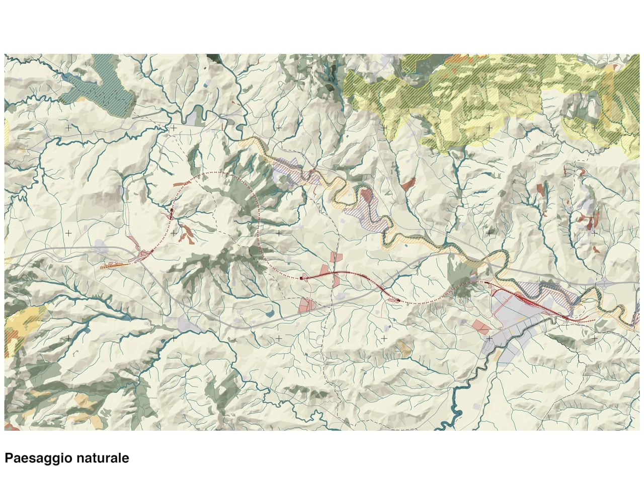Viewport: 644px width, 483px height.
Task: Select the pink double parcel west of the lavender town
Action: [x=481, y=327]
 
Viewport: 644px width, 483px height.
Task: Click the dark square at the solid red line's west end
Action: [x=301, y=277]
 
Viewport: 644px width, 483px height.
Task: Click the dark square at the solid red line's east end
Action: [x=398, y=300]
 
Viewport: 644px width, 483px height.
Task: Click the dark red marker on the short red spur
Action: [x=171, y=214]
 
